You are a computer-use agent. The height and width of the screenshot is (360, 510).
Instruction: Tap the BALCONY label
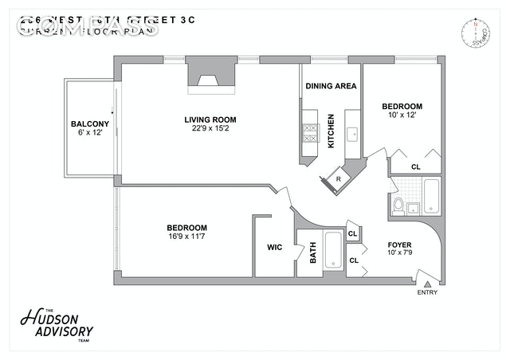pos(90,123)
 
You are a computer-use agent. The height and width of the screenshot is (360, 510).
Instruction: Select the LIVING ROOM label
pos(210,120)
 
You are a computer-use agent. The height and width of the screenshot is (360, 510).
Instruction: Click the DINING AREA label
pos(331,86)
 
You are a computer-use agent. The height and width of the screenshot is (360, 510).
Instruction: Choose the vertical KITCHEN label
pos(331,132)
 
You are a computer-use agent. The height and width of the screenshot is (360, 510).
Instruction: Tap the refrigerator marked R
pos(339,178)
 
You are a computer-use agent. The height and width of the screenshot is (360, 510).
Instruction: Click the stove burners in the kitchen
pos(309,133)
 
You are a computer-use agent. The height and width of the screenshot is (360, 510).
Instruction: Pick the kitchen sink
pos(352,133)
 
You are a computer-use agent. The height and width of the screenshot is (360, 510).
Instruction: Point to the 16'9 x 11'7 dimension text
pos(186,237)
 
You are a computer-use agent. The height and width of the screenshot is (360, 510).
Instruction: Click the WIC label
pos(274,247)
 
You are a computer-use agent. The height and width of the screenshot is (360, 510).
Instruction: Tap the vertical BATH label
pos(312,252)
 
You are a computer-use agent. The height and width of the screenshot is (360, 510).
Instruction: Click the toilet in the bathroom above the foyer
pos(398,206)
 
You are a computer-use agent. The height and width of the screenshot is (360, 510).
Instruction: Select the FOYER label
pos(399,244)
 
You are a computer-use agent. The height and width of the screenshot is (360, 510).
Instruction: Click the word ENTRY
pos(427,293)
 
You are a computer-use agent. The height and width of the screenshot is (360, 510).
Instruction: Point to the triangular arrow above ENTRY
pos(427,283)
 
